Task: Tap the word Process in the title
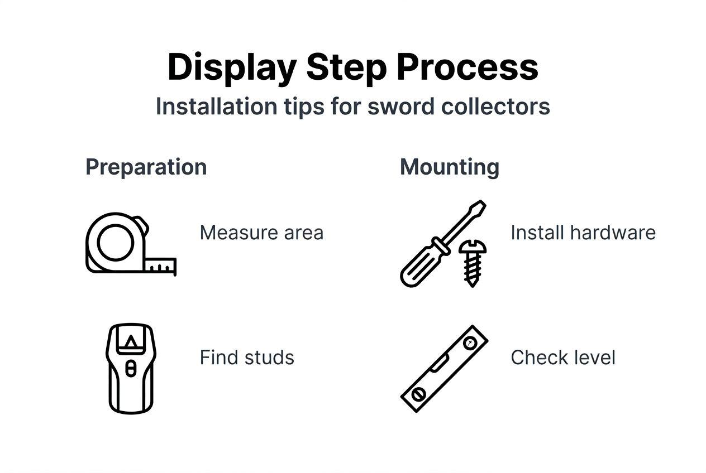(467, 67)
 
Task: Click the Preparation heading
(146, 167)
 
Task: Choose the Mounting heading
(450, 167)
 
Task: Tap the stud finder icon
(131, 368)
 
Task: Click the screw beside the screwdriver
(472, 262)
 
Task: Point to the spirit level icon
(445, 368)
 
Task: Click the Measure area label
(261, 233)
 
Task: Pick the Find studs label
(247, 358)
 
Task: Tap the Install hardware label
(583, 233)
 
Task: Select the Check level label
(563, 358)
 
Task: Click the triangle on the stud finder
(131, 342)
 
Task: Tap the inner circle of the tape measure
(116, 242)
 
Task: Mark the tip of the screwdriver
(482, 204)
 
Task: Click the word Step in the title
(346, 67)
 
